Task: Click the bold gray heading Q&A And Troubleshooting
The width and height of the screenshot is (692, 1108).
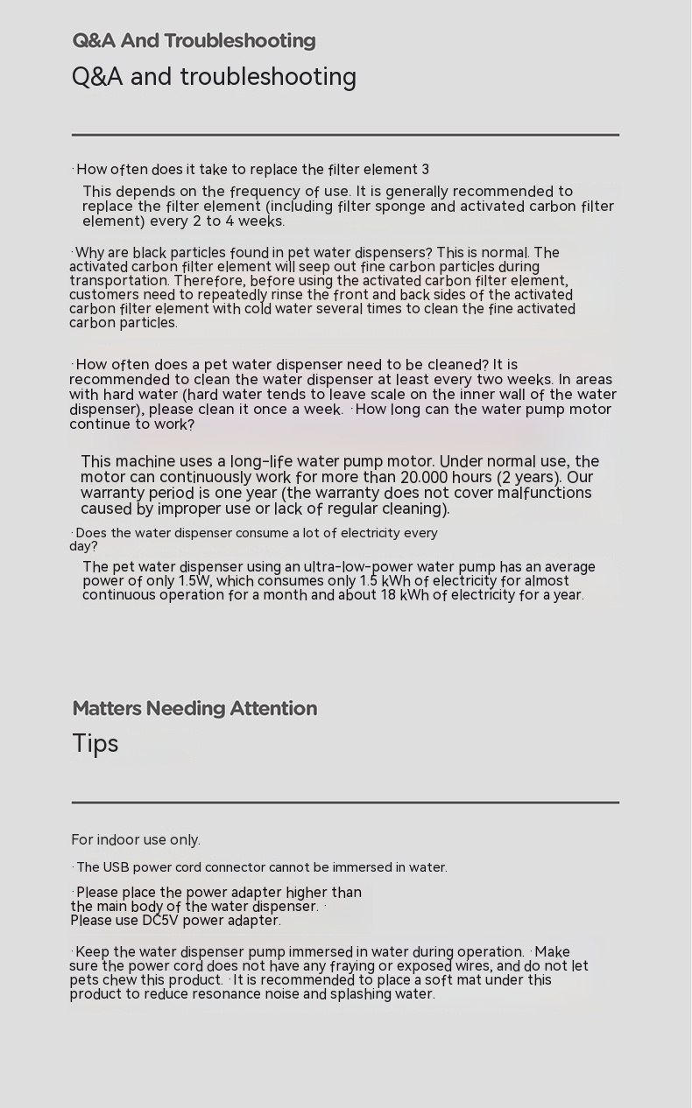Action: coord(194,41)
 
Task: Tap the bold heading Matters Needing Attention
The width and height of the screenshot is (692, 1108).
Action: coord(194,709)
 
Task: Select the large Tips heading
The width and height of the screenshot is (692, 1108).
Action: coord(95,744)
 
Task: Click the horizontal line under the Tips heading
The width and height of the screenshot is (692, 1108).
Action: coord(345,802)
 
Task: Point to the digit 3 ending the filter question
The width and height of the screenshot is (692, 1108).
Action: coord(425,170)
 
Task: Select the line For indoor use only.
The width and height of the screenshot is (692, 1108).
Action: coord(136,840)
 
